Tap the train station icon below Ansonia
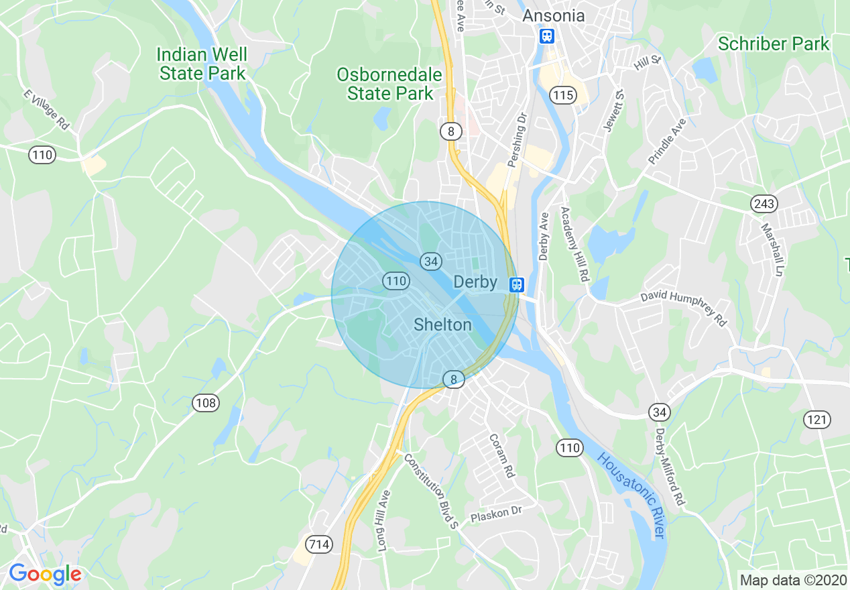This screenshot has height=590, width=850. click(547, 36)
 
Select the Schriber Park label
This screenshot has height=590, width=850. click(774, 44)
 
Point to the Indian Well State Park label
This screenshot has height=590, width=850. click(202, 64)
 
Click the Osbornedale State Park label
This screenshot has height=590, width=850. click(389, 84)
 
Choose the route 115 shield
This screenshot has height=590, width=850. click(562, 96)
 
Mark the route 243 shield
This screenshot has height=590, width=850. click(764, 202)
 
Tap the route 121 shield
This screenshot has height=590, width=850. click(817, 420)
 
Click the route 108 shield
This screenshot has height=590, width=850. click(205, 402)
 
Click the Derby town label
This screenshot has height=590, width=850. click(475, 282)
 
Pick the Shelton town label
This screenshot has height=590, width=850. click(442, 325)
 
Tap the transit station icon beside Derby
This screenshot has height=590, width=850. click(515, 284)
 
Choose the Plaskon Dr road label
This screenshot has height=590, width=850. click(496, 515)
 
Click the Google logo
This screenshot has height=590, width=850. click(45, 574)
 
